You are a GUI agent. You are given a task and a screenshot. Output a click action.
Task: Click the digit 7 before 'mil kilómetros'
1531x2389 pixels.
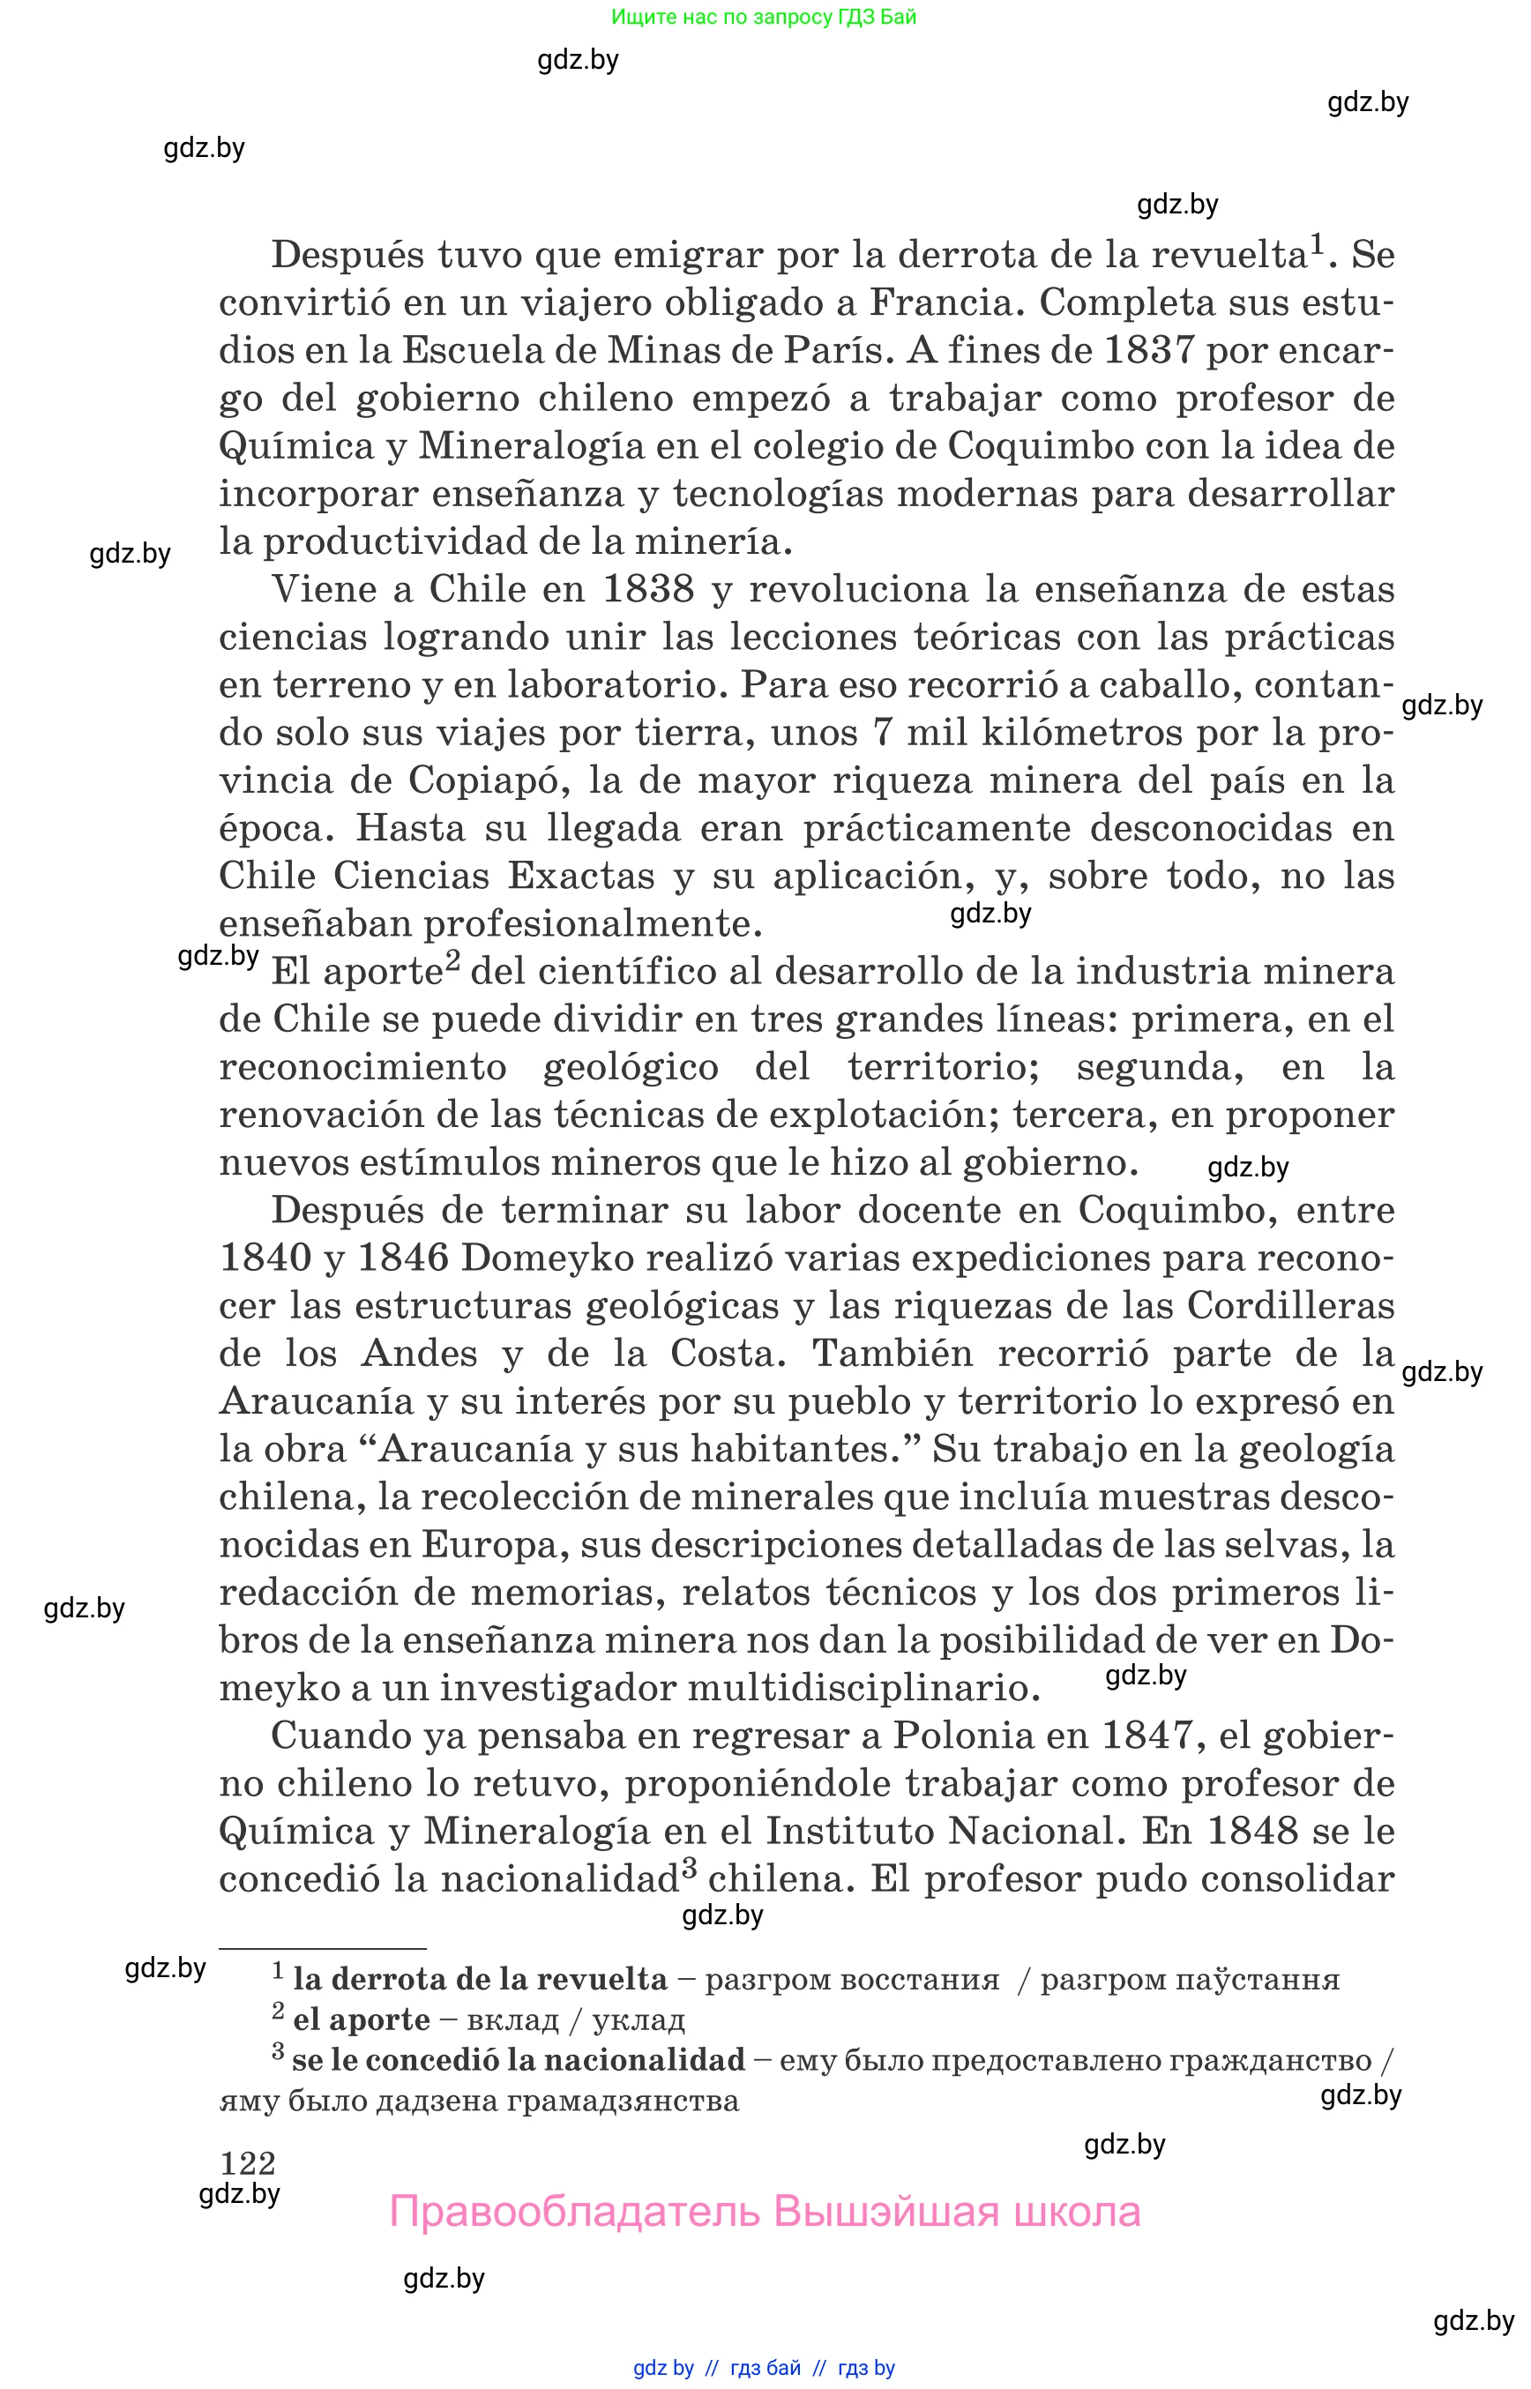[882, 733]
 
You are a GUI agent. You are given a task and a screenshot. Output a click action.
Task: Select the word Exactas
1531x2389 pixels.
[580, 876]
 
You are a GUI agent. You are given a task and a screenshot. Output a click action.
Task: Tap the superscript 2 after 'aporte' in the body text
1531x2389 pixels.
[452, 960]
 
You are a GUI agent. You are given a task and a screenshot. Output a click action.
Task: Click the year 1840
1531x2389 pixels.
[265, 1258]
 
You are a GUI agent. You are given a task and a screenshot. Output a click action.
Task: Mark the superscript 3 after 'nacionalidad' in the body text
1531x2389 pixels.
[689, 1869]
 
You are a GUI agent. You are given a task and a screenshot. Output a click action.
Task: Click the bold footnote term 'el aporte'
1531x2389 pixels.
[361, 2020]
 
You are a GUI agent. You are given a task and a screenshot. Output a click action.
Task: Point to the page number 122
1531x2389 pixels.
[248, 2162]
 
